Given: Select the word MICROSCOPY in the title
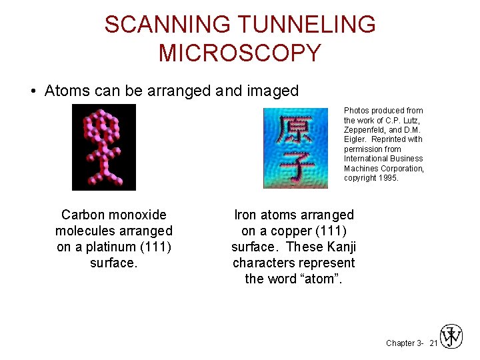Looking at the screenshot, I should pos(240,53).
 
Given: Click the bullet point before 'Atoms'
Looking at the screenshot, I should pos(33,91).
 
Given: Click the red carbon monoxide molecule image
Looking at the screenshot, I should pos(104,147).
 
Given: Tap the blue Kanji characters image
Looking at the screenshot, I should pos(296,148).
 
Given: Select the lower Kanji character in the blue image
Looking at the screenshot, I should pos(296,167).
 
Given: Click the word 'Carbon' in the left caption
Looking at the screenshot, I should pos(83,215).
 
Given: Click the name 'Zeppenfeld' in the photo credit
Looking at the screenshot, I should pos(365,129).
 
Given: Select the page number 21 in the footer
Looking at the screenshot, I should pos(433,343).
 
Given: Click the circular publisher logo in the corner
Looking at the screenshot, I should pos(451,337).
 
